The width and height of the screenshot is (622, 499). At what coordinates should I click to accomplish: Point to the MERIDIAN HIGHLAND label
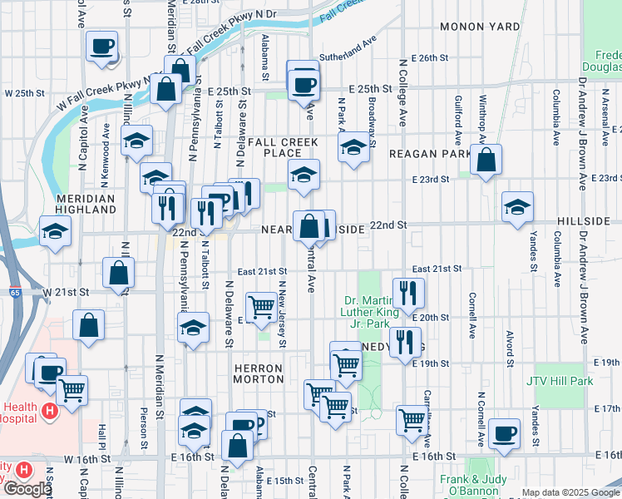[86, 205]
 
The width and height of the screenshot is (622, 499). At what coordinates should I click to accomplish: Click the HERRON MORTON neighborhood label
[259, 373]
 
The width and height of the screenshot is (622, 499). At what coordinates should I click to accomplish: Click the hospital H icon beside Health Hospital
[50, 411]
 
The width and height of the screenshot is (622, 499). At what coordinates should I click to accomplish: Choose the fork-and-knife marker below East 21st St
[408, 292]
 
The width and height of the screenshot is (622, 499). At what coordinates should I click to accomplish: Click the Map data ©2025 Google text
[570, 492]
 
